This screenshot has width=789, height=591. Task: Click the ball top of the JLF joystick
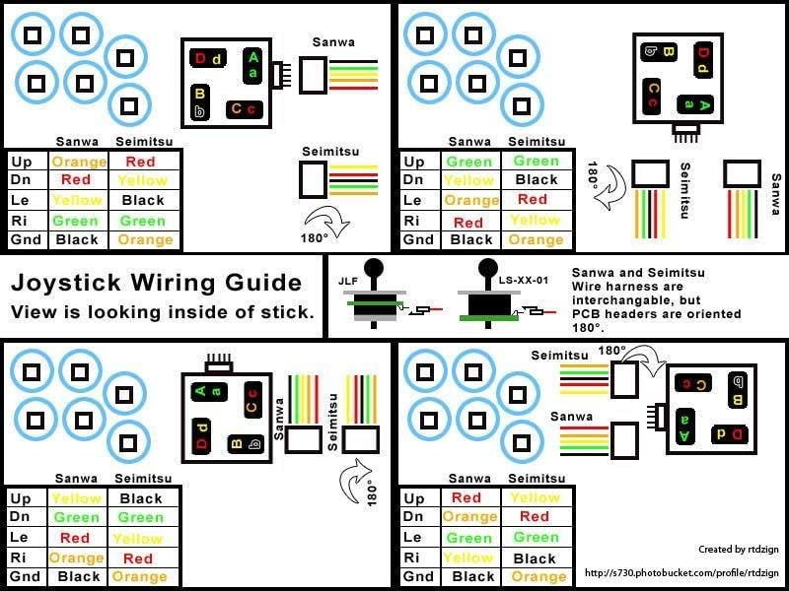click(x=374, y=267)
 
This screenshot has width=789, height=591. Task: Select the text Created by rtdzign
click(x=731, y=550)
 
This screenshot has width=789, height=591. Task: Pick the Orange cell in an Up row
click(x=79, y=162)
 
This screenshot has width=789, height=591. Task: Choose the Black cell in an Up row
click(x=141, y=498)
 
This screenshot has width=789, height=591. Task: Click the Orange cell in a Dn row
click(x=470, y=517)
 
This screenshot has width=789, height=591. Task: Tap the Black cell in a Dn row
click(x=537, y=180)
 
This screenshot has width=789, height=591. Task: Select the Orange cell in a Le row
click(x=471, y=200)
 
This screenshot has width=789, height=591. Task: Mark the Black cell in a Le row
click(x=142, y=200)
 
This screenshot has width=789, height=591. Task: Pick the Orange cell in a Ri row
click(x=77, y=558)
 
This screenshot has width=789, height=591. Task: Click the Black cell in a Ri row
click(x=537, y=558)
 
